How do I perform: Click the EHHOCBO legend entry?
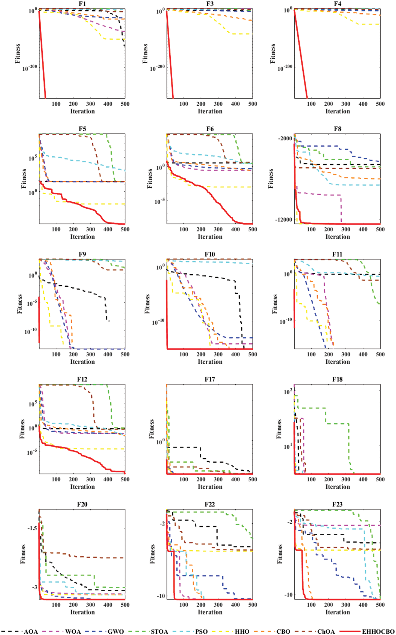[378, 631]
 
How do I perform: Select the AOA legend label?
[31, 631]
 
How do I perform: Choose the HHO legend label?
[242, 631]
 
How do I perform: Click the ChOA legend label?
[326, 631]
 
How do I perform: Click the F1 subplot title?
[82, 4]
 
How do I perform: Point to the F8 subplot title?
[337, 129]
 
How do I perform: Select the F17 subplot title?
[210, 379]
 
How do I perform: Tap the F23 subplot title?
[337, 504]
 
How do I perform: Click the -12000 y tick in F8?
[284, 219]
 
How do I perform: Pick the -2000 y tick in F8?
[285, 138]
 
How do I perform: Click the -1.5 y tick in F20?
[32, 528]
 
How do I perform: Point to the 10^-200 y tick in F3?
[157, 68]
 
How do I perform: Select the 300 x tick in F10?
[218, 354]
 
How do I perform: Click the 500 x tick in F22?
[252, 604]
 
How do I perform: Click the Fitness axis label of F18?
[279, 429]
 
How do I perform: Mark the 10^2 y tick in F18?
[288, 392]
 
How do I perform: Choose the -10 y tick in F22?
[161, 596]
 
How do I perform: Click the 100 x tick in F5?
[56, 229]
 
